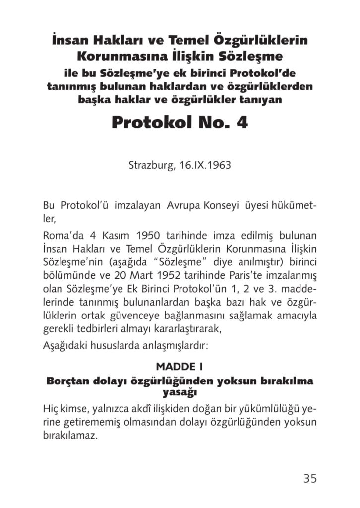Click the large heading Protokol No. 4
[180, 122]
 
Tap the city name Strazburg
[150, 165]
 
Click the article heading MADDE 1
[180, 367]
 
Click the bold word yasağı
[180, 393]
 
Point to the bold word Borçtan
[66, 381]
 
